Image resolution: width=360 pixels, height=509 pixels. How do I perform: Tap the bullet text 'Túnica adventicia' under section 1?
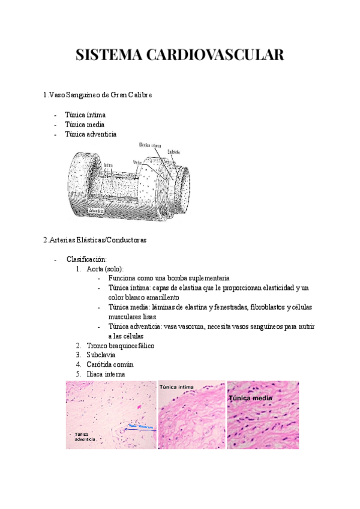pyautogui.click(x=91, y=134)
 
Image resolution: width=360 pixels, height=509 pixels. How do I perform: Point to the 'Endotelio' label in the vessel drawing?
pyautogui.click(x=174, y=152)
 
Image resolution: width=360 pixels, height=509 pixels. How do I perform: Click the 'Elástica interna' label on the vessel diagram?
pyautogui.click(x=150, y=145)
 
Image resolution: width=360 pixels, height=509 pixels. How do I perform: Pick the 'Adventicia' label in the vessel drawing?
pyautogui.click(x=98, y=211)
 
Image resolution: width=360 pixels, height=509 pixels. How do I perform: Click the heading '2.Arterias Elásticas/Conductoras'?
pyautogui.click(x=95, y=239)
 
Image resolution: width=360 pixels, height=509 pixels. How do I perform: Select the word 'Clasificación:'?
pyautogui.click(x=86, y=259)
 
